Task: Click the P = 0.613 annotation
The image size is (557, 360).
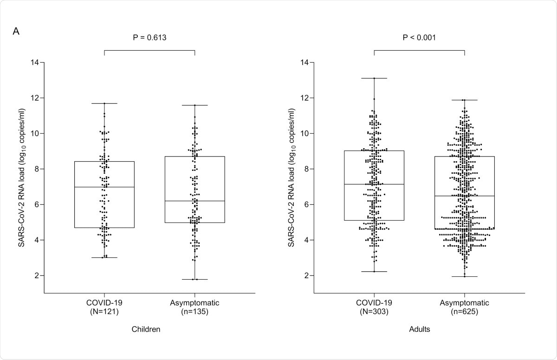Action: (149, 38)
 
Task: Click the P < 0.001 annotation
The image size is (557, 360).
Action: (419, 38)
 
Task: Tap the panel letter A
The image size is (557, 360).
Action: (16, 32)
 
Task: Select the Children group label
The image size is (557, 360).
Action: (149, 329)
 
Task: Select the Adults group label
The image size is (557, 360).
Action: (419, 329)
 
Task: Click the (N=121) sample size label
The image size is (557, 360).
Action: (104, 312)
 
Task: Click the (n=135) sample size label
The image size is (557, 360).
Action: (195, 312)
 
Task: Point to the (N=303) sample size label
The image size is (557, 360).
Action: (374, 312)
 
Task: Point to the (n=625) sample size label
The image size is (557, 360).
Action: (464, 312)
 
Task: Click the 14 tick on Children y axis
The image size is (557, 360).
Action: (35, 62)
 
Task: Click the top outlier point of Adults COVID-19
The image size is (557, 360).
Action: (374, 79)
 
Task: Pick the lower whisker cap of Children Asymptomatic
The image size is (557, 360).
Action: (195, 279)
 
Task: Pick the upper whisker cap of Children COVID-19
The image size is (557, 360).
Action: (104, 103)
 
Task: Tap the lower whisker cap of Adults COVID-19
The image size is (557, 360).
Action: (374, 271)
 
